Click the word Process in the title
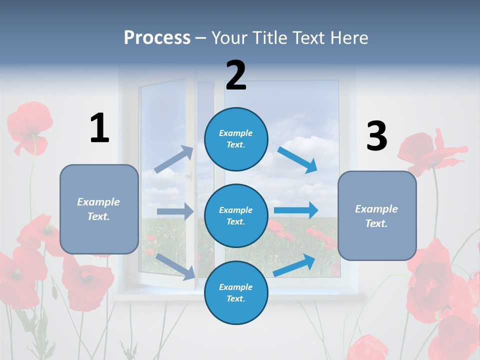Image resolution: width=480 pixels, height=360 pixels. tap(157, 38)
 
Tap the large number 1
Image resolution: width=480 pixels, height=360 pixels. tap(99, 128)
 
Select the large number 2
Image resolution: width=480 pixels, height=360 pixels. tap(236, 75)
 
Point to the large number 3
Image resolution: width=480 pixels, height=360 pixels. tap(376, 136)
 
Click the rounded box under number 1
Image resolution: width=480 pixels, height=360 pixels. tap(99, 209)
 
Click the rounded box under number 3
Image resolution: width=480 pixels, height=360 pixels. tap(377, 216)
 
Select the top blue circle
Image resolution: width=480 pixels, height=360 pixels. tap(236, 139)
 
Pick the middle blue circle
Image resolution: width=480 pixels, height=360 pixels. tap(236, 215)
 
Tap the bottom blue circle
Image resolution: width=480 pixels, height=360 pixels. tap(236, 292)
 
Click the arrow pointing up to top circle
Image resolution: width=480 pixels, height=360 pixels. tap(174, 159)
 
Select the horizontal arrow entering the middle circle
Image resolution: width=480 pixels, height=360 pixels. tap(175, 211)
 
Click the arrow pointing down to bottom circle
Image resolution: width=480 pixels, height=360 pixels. tap(175, 266)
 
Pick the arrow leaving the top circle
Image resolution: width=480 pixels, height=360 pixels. tap(297, 159)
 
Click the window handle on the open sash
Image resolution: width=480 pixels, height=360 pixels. tap(189, 176)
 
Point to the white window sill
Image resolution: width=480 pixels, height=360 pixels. tap(240, 296)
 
